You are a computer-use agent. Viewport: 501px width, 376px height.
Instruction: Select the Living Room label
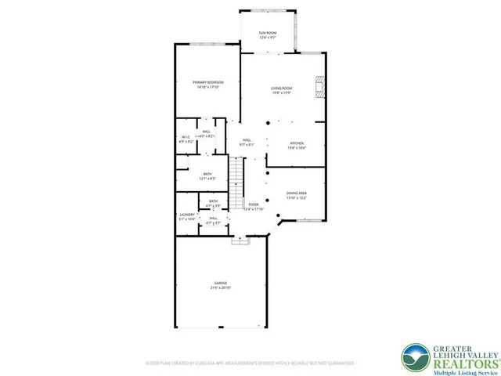click(282, 90)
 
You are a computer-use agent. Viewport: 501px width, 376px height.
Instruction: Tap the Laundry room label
click(186, 214)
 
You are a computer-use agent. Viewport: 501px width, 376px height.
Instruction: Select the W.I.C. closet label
click(185, 138)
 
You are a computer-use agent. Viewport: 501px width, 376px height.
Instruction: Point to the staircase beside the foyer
click(238, 180)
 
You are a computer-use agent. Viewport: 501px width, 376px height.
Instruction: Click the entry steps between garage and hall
click(236, 241)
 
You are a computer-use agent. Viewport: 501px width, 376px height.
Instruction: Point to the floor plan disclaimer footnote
click(250, 363)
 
